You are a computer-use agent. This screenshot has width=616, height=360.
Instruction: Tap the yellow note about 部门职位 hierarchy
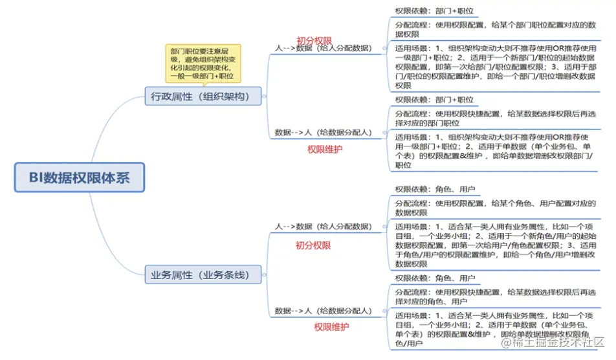click(203, 62)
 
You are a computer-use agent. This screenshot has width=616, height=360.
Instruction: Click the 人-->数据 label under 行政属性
click(323, 47)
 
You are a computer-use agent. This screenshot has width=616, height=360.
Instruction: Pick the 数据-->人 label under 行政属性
click(323, 133)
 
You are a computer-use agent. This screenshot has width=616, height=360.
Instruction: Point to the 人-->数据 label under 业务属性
click(323, 227)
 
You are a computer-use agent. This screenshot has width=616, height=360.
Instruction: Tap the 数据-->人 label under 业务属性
click(323, 311)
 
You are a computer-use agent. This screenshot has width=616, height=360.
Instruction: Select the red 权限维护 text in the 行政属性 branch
click(324, 149)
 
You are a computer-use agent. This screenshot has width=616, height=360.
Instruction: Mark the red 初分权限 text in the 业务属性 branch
click(313, 245)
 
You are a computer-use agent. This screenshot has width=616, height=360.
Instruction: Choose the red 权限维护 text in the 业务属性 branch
click(332, 327)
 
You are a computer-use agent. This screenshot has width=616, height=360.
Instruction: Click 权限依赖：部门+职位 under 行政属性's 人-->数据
click(434, 11)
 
